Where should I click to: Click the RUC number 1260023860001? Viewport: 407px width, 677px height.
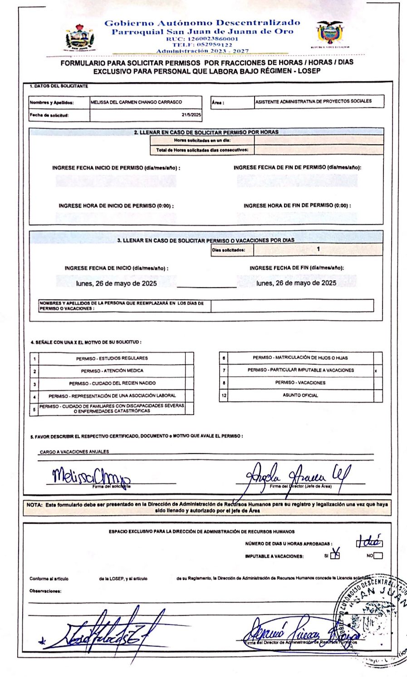click(202, 39)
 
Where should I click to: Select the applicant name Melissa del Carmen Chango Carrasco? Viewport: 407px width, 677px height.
click(136, 102)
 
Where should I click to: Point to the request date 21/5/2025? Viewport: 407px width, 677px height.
click(191, 115)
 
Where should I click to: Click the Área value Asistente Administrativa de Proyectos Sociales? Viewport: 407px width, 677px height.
click(313, 102)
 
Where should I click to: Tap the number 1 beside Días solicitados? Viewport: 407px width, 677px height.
click(318, 249)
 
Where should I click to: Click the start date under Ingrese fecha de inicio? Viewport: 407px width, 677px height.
click(117, 283)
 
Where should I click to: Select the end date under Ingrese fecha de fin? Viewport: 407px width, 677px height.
click(296, 283)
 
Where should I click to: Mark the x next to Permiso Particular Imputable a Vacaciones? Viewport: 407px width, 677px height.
click(376, 371)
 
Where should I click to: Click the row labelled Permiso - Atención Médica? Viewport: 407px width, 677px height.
click(112, 371)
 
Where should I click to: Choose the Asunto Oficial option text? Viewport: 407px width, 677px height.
click(300, 395)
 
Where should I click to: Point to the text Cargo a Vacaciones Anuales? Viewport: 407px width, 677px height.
click(74, 452)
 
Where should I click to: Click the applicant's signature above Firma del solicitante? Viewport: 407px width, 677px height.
click(91, 476)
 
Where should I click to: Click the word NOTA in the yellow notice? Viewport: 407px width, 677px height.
click(34, 504)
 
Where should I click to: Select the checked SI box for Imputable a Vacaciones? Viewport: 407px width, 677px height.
click(335, 555)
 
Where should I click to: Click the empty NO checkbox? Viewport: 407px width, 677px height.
click(378, 555)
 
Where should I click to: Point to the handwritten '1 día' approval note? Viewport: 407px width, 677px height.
click(369, 541)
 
